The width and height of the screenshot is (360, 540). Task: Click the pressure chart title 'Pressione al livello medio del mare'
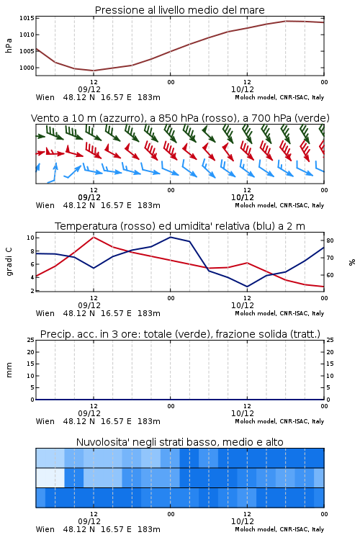[179, 10]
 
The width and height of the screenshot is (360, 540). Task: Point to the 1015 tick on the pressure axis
[27, 18]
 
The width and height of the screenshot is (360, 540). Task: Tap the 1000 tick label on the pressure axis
[27, 68]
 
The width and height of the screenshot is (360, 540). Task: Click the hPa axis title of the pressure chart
[9, 46]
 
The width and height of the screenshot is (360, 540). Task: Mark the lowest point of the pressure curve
[94, 71]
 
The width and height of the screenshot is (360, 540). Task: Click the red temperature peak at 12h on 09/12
[94, 237]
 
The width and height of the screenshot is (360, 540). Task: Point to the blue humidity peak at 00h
[170, 237]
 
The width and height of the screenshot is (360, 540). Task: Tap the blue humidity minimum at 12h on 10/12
[247, 287]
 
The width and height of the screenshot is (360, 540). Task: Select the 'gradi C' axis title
[9, 261]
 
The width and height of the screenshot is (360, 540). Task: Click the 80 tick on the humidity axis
[330, 240]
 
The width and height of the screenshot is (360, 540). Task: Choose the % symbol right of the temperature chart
[352, 262]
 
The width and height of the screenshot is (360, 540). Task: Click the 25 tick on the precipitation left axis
[31, 340]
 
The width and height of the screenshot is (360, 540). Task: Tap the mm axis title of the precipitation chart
[9, 370]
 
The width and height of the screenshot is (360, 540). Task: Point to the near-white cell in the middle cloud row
[50, 477]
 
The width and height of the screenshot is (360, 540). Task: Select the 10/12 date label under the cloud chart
[243, 521]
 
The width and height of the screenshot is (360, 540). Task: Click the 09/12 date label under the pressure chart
[89, 89]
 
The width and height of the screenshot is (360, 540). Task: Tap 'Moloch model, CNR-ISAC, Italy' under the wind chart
[279, 205]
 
